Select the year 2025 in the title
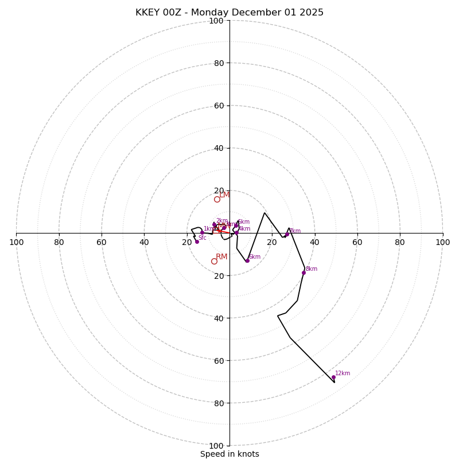pyautogui.click(x=310, y=13)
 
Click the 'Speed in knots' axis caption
pyautogui.click(x=229, y=454)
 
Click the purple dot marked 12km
pyautogui.click(x=333, y=378)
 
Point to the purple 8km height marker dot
pyautogui.click(x=304, y=273)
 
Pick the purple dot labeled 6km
pyautogui.click(x=247, y=260)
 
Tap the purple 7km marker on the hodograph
pyautogui.click(x=287, y=234)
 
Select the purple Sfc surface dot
pyautogui.click(x=197, y=242)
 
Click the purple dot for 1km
pyautogui.click(x=202, y=233)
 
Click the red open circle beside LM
pyautogui.click(x=217, y=199)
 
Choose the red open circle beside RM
pyautogui.click(x=214, y=261)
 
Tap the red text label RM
pyautogui.click(x=222, y=256)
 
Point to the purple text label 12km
pyautogui.click(x=343, y=374)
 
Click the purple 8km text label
pyautogui.click(x=312, y=269)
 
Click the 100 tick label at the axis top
pyautogui.click(x=216, y=21)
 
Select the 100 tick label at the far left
pyautogui.click(x=16, y=242)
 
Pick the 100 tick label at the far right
pyautogui.click(x=442, y=242)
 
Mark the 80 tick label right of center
pyautogui.click(x=400, y=242)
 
